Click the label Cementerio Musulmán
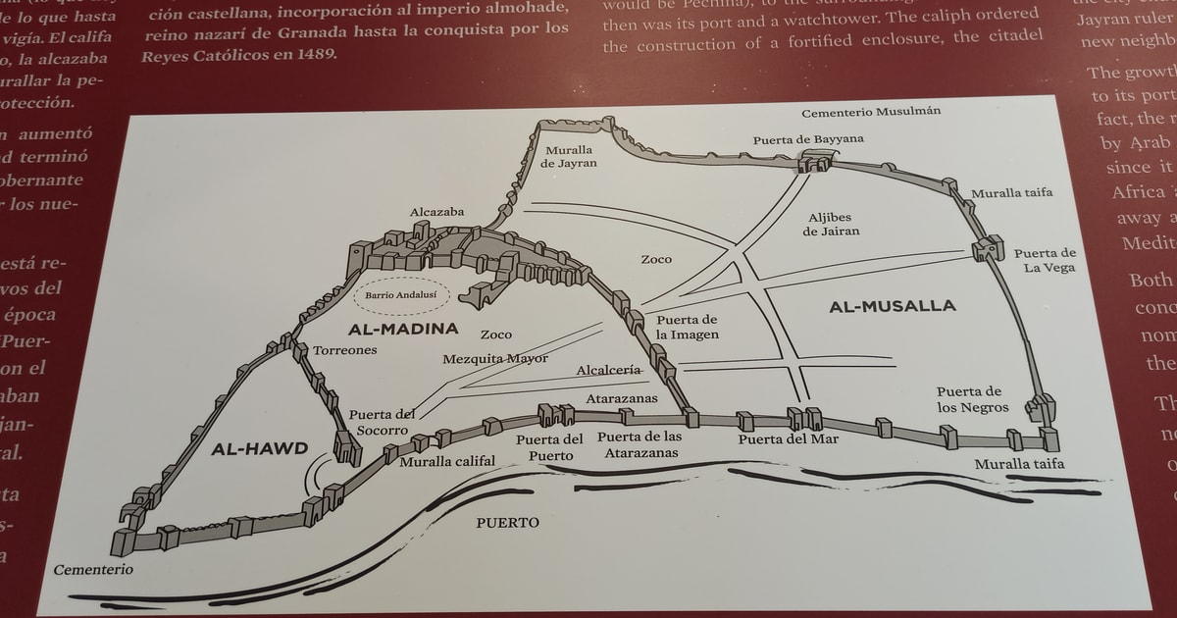click(871, 111)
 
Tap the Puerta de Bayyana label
click(808, 139)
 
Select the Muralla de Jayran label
click(568, 156)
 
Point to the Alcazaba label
click(437, 211)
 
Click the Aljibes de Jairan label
click(832, 224)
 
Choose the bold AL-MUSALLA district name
click(892, 306)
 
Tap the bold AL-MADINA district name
click(403, 329)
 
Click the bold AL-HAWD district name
click(259, 449)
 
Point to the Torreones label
click(345, 350)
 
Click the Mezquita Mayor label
click(495, 358)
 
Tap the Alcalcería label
click(609, 370)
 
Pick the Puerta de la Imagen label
click(688, 328)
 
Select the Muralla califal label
click(447, 460)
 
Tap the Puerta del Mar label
click(788, 438)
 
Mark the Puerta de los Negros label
click(969, 399)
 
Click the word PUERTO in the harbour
click(507, 523)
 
